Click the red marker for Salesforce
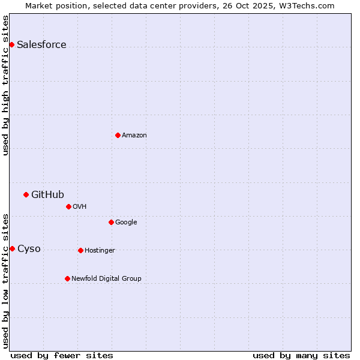(11, 44)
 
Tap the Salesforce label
(41, 45)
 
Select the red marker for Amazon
(118, 135)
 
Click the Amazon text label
(134, 136)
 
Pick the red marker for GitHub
(26, 194)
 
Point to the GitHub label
(47, 194)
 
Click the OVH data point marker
(68, 206)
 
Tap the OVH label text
(80, 207)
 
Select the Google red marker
(111, 222)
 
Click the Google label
(126, 223)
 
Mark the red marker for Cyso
(12, 248)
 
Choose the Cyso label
(29, 249)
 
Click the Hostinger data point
(80, 250)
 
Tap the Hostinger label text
(100, 251)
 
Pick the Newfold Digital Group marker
(67, 278)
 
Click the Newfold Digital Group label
(106, 279)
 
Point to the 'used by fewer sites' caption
(62, 355)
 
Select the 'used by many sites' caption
(301, 355)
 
